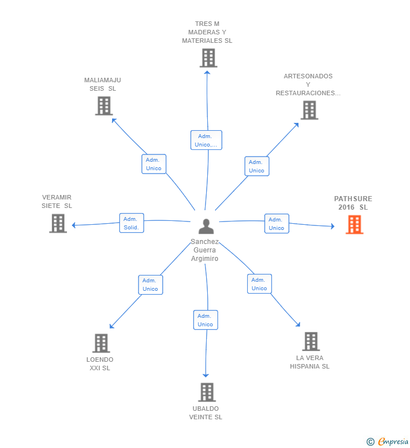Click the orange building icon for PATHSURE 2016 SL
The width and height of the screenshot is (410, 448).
[354, 225]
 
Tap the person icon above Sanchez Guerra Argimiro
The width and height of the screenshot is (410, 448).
[207, 227]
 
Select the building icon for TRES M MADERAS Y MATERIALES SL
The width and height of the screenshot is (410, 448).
[208, 58]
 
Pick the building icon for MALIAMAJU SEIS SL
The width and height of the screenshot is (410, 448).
[104, 106]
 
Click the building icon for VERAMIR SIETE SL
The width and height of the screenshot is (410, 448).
[58, 223]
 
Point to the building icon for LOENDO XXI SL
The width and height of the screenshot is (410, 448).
[101, 343]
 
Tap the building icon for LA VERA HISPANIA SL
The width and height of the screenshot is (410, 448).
[311, 341]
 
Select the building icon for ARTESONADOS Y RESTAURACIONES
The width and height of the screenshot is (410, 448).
[309, 110]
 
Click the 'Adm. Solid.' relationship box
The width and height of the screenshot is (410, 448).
[132, 223]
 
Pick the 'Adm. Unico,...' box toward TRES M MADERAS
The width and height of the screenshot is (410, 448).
[206, 140]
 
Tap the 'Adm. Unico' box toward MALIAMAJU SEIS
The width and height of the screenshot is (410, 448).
[154, 164]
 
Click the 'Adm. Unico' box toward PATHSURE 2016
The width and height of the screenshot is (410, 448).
[277, 224]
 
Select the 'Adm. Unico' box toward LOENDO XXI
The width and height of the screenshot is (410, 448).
[150, 285]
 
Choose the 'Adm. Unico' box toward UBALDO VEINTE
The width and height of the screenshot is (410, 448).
[206, 320]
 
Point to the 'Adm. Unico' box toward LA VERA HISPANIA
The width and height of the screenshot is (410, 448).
[259, 284]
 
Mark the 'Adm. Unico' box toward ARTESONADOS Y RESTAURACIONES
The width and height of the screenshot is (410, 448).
[256, 166]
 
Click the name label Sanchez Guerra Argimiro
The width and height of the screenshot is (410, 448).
[205, 250]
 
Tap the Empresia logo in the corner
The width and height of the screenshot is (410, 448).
[388, 442]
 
